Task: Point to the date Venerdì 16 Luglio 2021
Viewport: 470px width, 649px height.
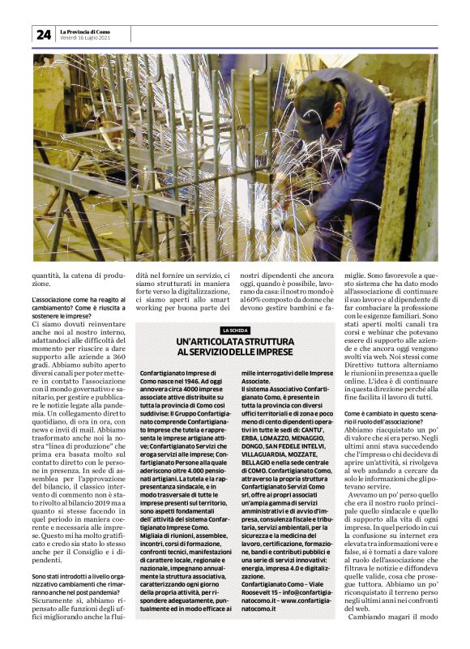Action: pyautogui.click(x=85, y=38)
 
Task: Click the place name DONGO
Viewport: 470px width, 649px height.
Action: pyautogui.click(x=255, y=442)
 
